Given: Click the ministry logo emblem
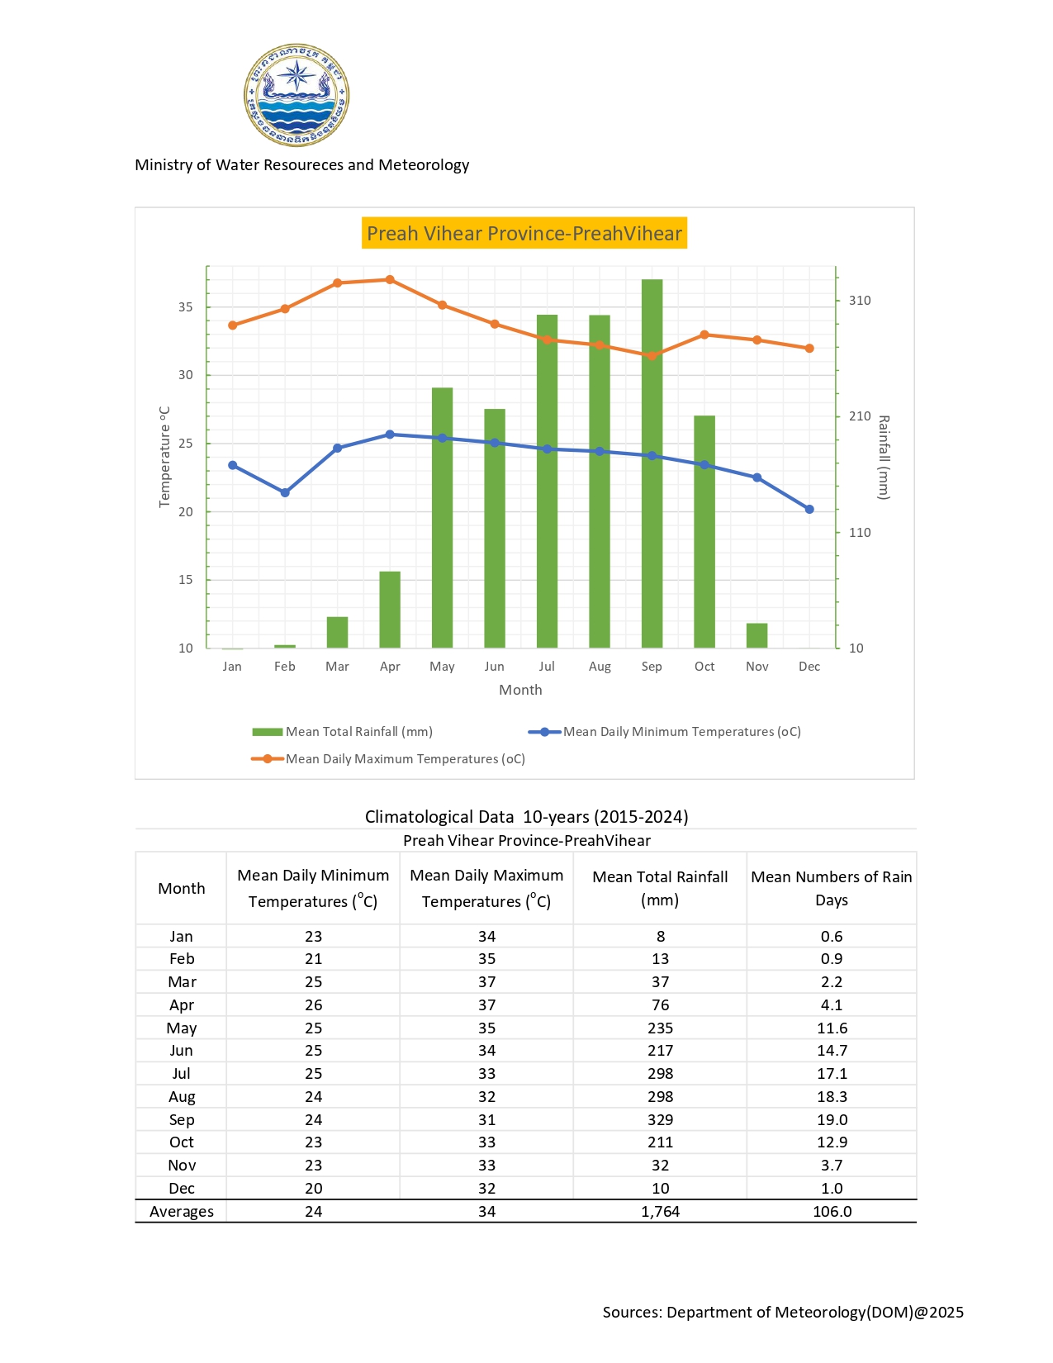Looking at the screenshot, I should (296, 95).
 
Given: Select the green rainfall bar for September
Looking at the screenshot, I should (652, 463).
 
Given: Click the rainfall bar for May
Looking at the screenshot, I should (442, 517).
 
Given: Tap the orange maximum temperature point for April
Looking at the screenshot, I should (390, 279).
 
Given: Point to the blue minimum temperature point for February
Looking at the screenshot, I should (285, 492).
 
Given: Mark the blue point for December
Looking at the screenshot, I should (809, 510).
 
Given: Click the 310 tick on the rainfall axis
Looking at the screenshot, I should (860, 301).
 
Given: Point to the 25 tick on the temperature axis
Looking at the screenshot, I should (186, 444).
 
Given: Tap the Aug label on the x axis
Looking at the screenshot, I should (600, 667).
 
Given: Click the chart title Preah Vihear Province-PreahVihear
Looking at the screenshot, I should (524, 234).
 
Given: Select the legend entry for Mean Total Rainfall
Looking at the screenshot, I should (343, 732).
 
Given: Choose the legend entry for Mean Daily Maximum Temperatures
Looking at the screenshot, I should (388, 759).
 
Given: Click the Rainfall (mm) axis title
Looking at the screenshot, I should (883, 457).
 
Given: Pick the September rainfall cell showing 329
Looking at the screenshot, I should (660, 1120).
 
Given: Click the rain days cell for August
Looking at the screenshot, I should (831, 1097).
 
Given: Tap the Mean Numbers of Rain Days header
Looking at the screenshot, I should (831, 888).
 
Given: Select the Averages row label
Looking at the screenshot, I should (182, 1212).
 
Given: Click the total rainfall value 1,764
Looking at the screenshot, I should (660, 1212).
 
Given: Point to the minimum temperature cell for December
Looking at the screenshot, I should (313, 1189).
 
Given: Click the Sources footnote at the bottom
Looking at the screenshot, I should (783, 1313).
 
